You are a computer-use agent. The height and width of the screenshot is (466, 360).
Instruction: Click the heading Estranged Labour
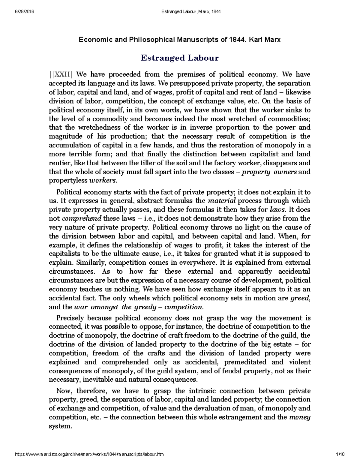(x=180, y=58)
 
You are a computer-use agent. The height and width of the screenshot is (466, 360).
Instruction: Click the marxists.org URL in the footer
(x=89, y=455)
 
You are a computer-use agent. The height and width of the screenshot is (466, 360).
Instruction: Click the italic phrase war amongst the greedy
(x=115, y=307)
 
